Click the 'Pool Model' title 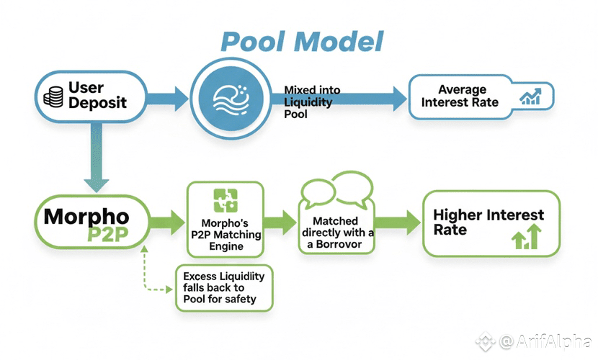(x=301, y=41)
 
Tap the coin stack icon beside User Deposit (x=53, y=96)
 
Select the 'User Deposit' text (x=97, y=95)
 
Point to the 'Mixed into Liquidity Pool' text (x=311, y=102)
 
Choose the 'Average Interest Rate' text (x=459, y=96)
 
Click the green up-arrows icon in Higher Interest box (x=527, y=237)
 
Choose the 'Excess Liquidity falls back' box (x=223, y=287)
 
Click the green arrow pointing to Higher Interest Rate (x=402, y=222)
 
